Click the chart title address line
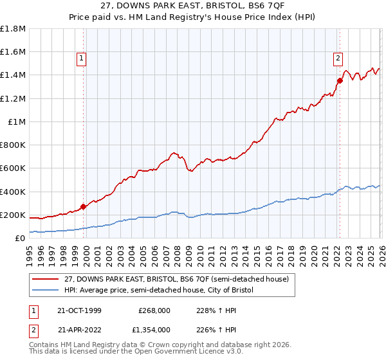[192, 6]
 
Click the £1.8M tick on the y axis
[13, 29]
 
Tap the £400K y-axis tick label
[13, 192]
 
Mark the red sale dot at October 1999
[83, 207]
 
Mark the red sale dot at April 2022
[338, 80]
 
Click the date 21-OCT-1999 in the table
[79, 310]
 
